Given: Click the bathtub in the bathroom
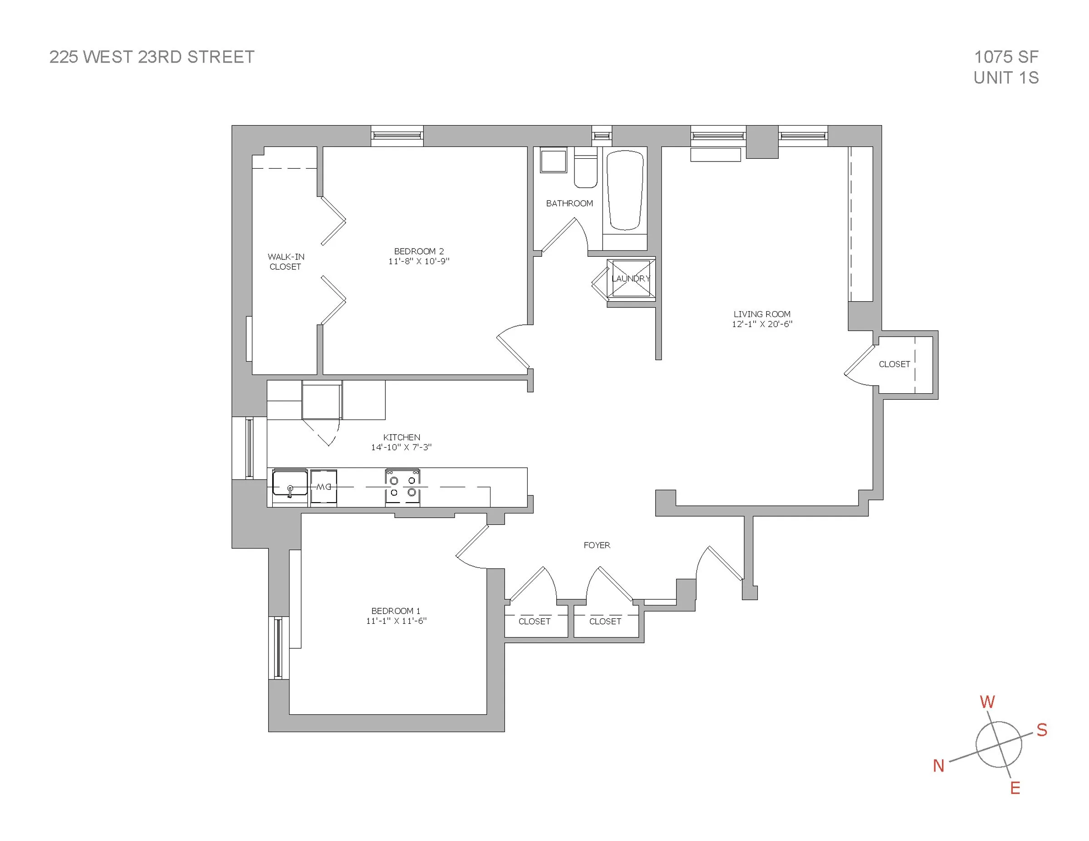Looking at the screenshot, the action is tap(625, 191).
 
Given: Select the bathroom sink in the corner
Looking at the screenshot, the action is tap(554, 161).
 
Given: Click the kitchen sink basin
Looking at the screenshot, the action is tap(289, 483).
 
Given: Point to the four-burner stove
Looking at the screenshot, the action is tap(402, 487).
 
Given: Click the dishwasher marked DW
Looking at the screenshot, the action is tap(324, 487).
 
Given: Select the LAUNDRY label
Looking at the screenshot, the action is tap(631, 279).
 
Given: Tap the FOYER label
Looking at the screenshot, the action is tap(596, 545).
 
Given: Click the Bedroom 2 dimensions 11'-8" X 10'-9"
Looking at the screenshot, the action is tap(419, 261).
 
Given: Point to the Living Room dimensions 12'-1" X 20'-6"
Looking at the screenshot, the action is tap(762, 324).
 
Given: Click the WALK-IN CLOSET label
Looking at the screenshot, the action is tap(286, 262).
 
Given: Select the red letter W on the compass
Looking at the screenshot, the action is tap(987, 702).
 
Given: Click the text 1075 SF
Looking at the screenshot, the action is tap(1006, 57).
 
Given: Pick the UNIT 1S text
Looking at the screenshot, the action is tap(1006, 78).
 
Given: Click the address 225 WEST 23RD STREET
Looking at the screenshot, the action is tap(152, 57).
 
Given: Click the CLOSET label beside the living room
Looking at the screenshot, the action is tap(894, 364).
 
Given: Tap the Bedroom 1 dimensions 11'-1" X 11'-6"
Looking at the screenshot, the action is tap(396, 621).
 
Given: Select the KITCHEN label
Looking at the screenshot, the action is tap(402, 437).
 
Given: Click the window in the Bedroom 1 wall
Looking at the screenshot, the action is tap(278, 648).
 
